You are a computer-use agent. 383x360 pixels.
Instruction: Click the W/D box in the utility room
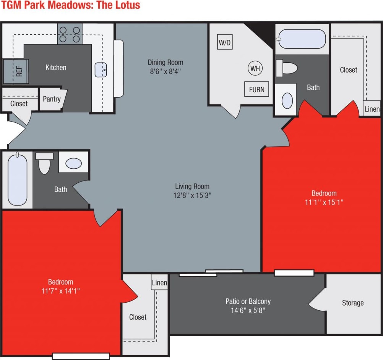[225, 42]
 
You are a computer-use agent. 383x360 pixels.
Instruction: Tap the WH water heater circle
[255, 68]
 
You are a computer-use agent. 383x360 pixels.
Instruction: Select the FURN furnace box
[256, 90]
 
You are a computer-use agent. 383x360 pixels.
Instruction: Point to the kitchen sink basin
[102, 70]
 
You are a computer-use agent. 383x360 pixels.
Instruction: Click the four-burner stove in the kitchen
[70, 34]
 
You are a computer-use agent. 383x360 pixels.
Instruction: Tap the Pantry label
[52, 99]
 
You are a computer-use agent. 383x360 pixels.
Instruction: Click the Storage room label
[352, 303]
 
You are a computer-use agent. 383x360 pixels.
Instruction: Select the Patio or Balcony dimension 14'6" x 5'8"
[248, 310]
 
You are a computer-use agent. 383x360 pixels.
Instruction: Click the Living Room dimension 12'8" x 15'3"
[192, 195]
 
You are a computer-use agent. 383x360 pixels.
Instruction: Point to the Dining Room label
[166, 62]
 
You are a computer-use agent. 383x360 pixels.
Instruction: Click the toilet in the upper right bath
[287, 68]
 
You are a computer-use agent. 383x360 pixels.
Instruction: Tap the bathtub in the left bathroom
[18, 179]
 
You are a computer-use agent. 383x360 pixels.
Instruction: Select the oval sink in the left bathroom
[73, 163]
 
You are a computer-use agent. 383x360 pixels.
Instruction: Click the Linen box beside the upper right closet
[372, 109]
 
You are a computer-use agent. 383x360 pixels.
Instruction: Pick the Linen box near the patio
[159, 283]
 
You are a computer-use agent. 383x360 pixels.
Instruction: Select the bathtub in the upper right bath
[302, 39]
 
